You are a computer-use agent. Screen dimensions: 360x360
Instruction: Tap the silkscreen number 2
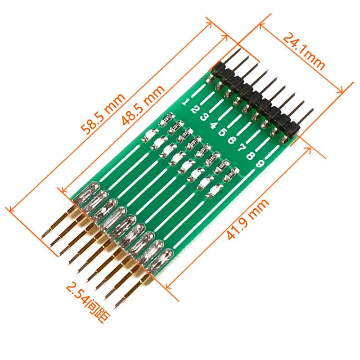tap(194, 109)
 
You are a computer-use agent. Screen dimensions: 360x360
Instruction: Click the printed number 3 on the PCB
tap(204, 117)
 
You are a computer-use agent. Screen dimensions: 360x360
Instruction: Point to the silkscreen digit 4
tap(213, 125)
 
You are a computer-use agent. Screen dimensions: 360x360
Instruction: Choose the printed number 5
tap(222, 132)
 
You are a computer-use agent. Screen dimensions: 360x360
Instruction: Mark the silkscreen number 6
tap(232, 140)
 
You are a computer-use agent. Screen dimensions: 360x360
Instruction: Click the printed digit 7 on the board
tap(241, 148)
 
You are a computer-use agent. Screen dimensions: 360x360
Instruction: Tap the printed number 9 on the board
tap(260, 163)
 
